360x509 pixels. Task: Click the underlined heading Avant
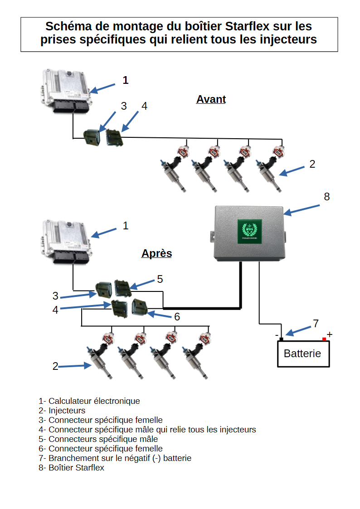click(x=211, y=99)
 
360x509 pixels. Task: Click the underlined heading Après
click(x=156, y=253)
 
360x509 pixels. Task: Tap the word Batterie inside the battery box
click(x=302, y=353)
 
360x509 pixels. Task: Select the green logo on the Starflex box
click(x=250, y=232)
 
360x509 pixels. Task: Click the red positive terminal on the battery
click(x=324, y=339)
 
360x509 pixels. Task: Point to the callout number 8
click(x=327, y=196)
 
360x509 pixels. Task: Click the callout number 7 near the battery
click(x=316, y=323)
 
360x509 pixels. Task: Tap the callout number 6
click(x=177, y=316)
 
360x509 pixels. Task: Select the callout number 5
click(x=160, y=279)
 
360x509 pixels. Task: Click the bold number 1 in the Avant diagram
click(x=126, y=80)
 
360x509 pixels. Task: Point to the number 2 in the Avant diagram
click(x=312, y=164)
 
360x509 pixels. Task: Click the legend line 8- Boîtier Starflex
click(x=72, y=467)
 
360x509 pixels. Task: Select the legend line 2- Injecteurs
click(x=62, y=410)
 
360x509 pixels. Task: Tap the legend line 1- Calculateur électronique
click(x=89, y=401)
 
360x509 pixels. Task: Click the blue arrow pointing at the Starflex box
click(x=302, y=210)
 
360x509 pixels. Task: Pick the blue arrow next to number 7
click(x=298, y=331)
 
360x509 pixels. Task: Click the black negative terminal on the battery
click(x=282, y=339)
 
